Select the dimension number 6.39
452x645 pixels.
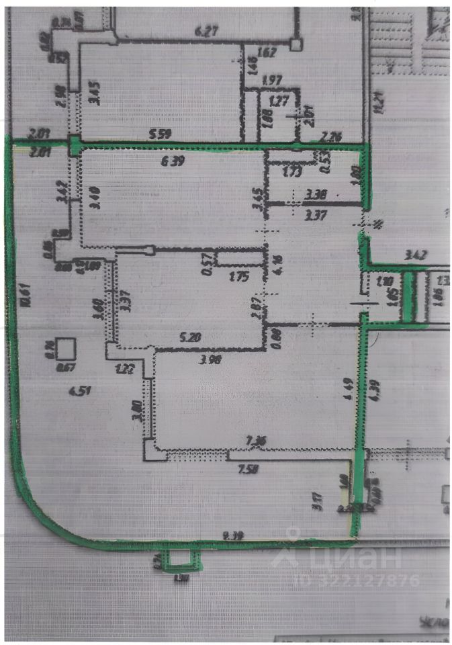tap(173, 162)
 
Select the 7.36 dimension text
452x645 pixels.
tap(256, 440)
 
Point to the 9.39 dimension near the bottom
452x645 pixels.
tap(234, 535)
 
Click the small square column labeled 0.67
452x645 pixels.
tap(65, 349)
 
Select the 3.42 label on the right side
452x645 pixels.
tap(416, 254)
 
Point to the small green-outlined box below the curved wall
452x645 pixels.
tap(179, 557)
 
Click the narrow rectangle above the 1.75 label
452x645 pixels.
tap(239, 258)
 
